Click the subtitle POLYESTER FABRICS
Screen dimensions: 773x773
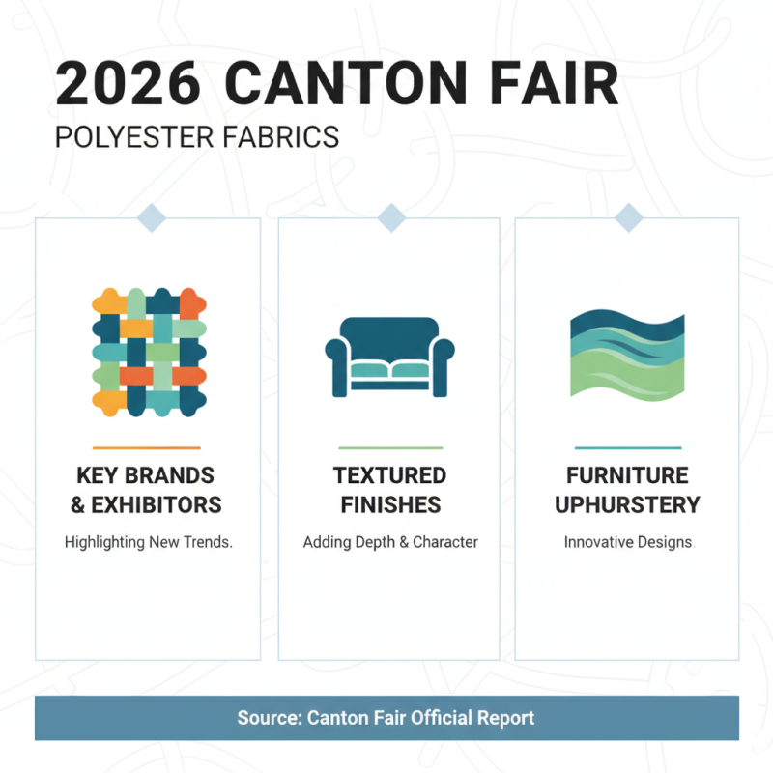[197, 136]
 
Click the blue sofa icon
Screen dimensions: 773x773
[389, 357]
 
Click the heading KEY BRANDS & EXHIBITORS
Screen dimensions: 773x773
[148, 490]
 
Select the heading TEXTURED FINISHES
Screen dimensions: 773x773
[389, 490]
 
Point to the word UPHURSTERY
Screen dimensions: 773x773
[627, 504]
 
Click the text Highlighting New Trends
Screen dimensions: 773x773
[148, 542]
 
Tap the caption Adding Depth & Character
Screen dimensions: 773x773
[389, 542]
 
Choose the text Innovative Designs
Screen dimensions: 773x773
[627, 542]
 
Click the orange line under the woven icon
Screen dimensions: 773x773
[147, 447]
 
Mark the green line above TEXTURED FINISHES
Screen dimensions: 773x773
[390, 447]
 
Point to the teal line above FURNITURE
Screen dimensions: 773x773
[627, 447]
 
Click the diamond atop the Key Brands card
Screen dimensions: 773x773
[152, 218]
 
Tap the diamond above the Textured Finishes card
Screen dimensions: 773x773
[390, 218]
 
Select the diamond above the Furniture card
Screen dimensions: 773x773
[628, 218]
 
